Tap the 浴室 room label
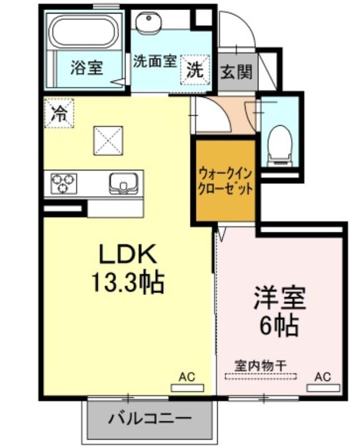87,68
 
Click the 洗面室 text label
156,61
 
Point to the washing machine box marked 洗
195,70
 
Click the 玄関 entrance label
237,72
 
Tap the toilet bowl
280,145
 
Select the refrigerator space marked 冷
59,113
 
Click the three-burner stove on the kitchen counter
64,183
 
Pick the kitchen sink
123,183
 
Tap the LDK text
127,254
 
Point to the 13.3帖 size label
127,282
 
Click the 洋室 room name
280,298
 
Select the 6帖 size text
279,326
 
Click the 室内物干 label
260,366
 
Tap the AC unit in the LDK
187,388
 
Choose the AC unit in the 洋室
323,388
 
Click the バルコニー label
150,419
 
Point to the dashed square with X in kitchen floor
108,141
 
